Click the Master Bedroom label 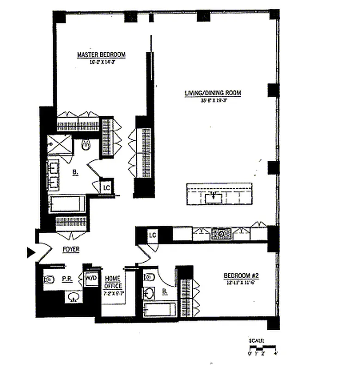pyautogui.click(x=101, y=55)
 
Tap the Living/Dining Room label pyautogui.click(x=212, y=93)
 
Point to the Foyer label pyautogui.click(x=71, y=249)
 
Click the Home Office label pyautogui.click(x=113, y=282)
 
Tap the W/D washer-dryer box pyautogui.click(x=89, y=279)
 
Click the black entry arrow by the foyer pyautogui.click(x=31, y=252)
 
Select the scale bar pyautogui.click(x=262, y=346)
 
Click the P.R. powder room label pyautogui.click(x=66, y=279)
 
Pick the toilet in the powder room pyautogui.click(x=49, y=279)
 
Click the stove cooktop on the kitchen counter pyautogui.click(x=221, y=234)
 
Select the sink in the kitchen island pyautogui.click(x=214, y=198)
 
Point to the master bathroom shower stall pyautogui.click(x=60, y=144)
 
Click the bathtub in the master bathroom pyautogui.click(x=67, y=204)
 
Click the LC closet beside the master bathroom pyautogui.click(x=106, y=187)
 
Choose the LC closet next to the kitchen pyautogui.click(x=153, y=235)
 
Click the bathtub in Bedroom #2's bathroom pyautogui.click(x=159, y=309)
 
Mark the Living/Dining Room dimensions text pyautogui.click(x=212, y=100)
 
